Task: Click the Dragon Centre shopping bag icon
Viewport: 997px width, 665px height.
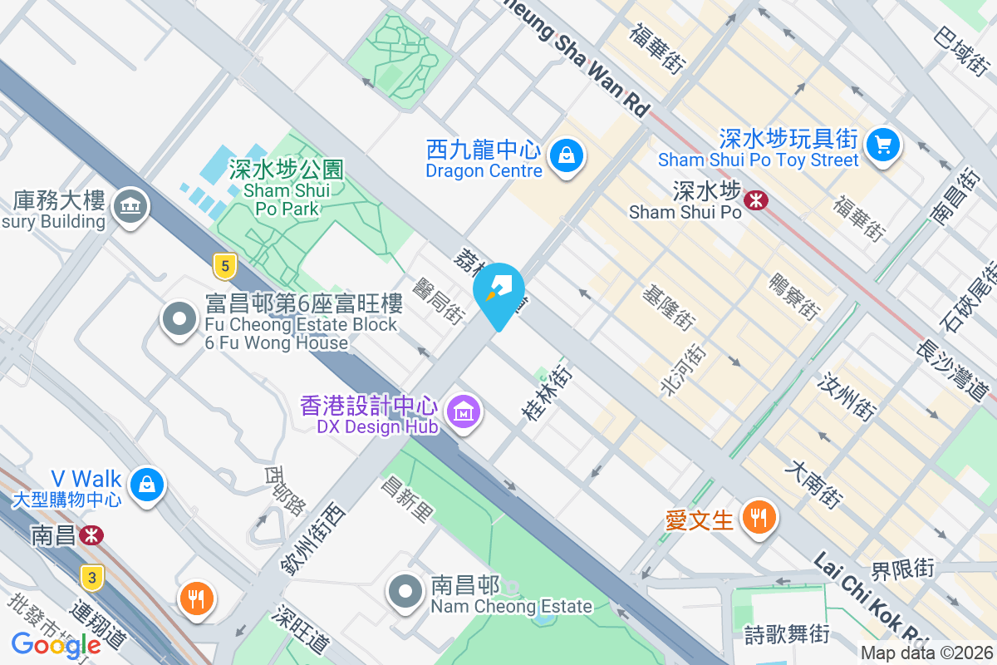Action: click(x=566, y=155)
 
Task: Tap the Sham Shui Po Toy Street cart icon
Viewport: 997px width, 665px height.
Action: click(x=882, y=145)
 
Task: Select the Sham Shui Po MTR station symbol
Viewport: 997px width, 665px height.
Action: click(x=756, y=199)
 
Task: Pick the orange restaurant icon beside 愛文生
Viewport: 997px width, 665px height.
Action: click(x=758, y=517)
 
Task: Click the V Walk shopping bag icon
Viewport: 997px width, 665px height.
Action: click(x=147, y=483)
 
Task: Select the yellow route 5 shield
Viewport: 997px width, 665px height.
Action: click(x=223, y=266)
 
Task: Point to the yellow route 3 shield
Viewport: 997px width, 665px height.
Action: click(x=92, y=577)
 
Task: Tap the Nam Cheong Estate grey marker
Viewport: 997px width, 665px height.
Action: click(x=405, y=592)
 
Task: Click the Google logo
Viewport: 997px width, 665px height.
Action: click(x=56, y=644)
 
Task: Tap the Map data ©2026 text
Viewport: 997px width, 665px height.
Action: click(x=926, y=653)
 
